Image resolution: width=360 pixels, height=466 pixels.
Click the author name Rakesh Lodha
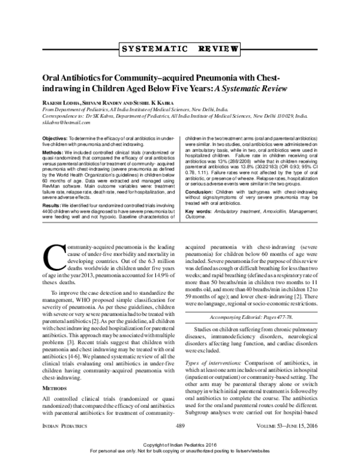61,102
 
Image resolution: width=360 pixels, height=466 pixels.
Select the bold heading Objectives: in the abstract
56,138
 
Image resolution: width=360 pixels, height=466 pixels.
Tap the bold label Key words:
199,211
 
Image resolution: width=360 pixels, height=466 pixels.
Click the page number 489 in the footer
180,442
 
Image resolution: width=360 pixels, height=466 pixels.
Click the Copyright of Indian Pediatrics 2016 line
179,453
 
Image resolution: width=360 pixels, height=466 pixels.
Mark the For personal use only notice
179,461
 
